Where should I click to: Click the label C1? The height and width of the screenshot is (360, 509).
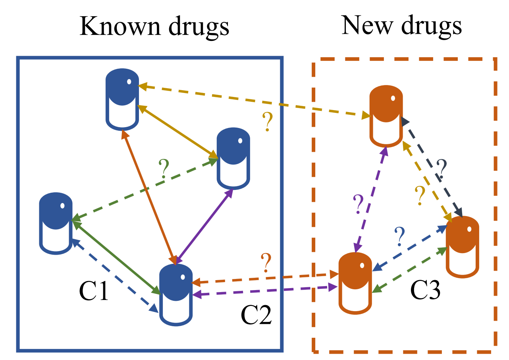pos(94,292)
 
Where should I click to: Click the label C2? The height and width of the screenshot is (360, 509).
pos(256,316)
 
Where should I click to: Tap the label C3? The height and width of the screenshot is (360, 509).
pos(425,291)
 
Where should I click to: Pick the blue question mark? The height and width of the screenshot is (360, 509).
pos(399,237)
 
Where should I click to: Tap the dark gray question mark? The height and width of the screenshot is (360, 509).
pos(442,169)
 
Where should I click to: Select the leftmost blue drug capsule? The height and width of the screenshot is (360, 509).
pos(56,223)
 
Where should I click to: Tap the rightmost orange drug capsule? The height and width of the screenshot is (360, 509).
pos(462,246)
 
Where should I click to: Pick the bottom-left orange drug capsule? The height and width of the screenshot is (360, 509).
pos(355,283)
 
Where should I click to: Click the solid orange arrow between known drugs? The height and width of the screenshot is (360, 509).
pos(149,197)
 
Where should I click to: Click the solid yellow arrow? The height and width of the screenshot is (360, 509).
pos(176,132)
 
